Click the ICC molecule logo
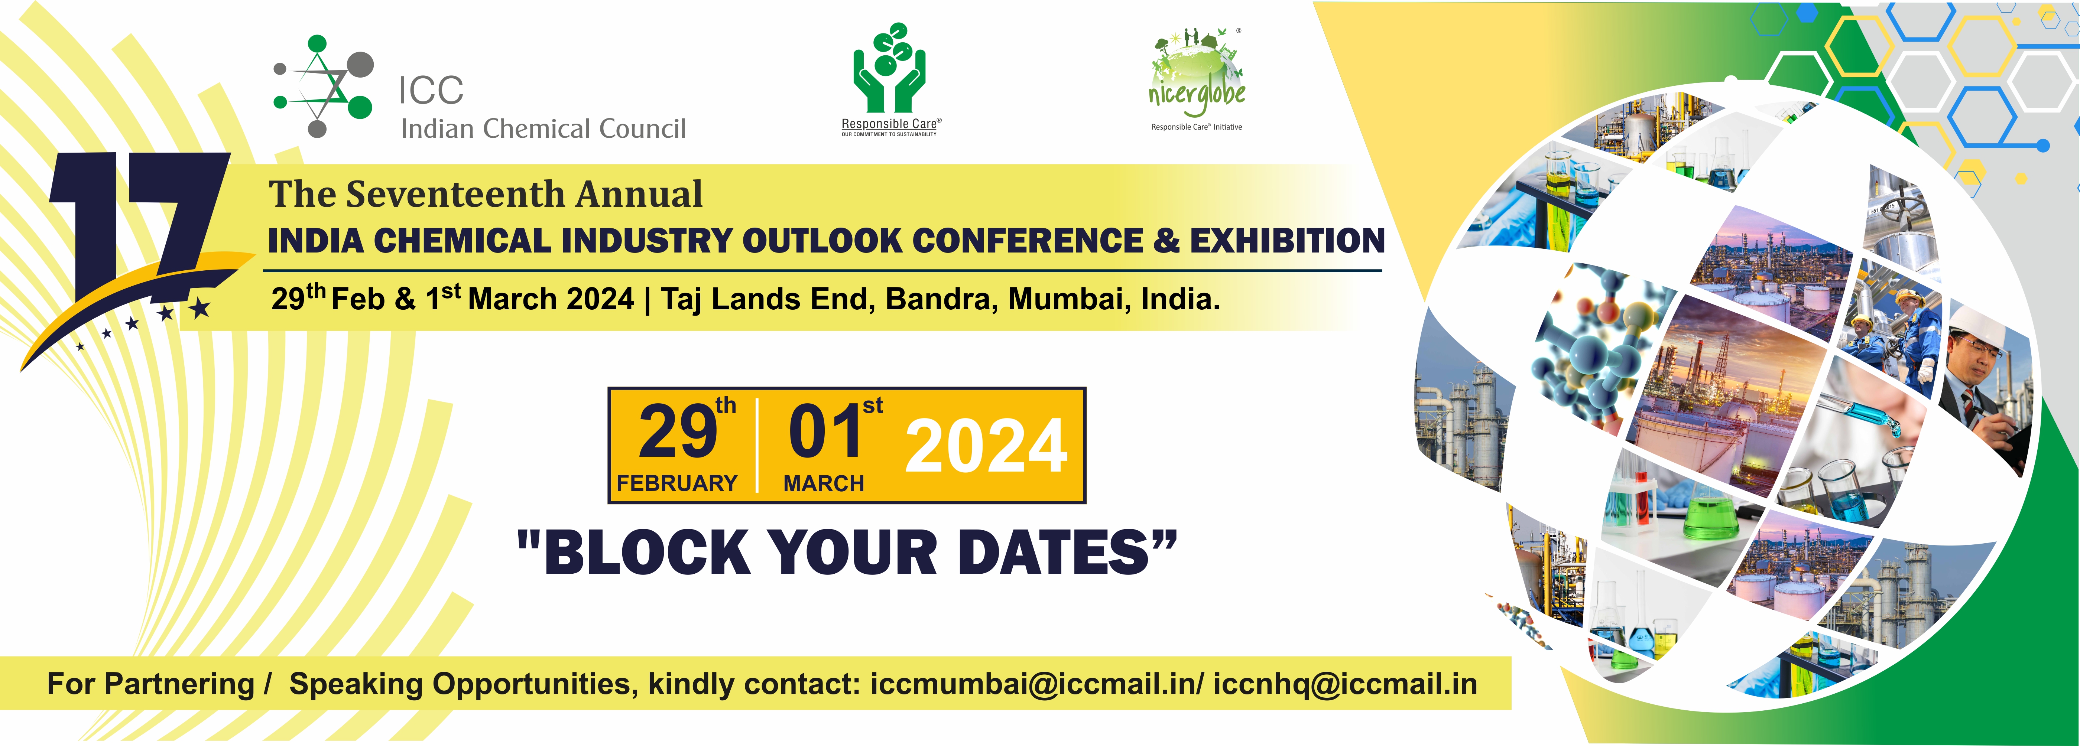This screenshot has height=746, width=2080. tap(323, 85)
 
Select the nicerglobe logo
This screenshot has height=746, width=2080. tap(1197, 79)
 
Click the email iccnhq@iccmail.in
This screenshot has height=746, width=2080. tap(1345, 684)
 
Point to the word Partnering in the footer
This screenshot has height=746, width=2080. tap(179, 684)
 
